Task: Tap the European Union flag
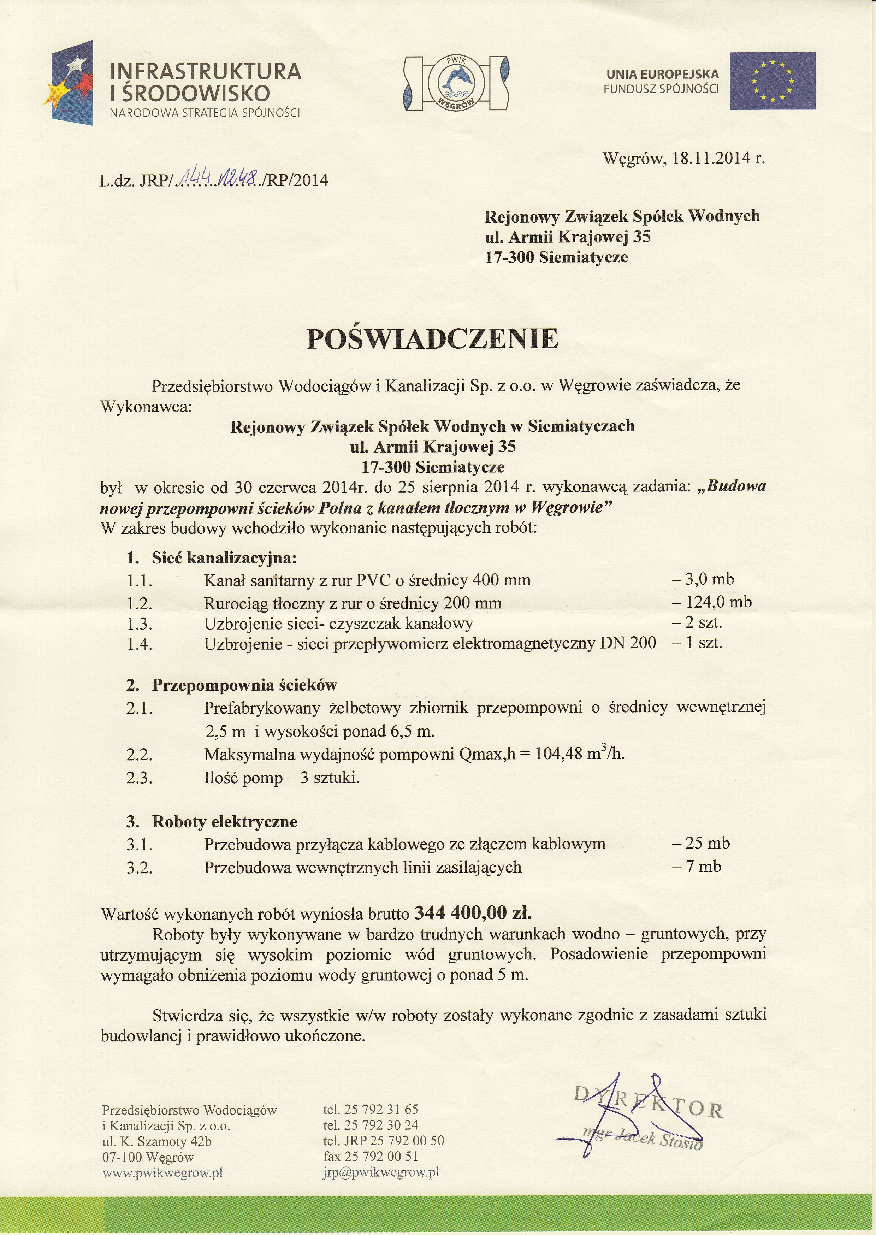click(773, 81)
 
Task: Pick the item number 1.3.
click(140, 624)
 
